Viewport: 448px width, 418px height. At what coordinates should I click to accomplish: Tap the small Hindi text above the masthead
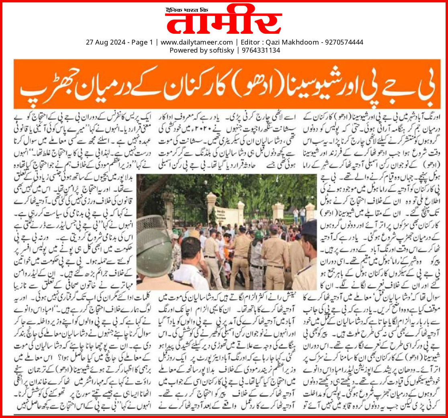click(188, 8)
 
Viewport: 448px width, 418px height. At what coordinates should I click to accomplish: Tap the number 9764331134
click(260, 50)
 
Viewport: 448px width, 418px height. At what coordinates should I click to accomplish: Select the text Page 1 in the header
click(142, 42)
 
